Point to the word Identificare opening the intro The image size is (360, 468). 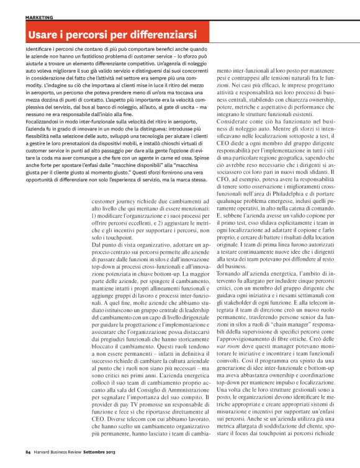pyautogui.click(x=41, y=47)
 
